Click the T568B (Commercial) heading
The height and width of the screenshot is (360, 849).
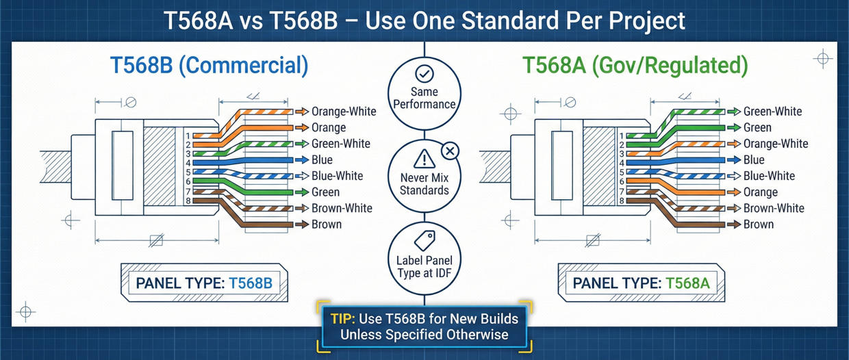point(209,66)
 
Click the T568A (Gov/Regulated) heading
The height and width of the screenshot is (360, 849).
point(635,66)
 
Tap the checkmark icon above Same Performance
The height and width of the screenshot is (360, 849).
point(424,73)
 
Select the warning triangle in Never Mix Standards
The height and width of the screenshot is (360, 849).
point(424,160)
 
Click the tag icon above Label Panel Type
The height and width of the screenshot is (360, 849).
point(424,240)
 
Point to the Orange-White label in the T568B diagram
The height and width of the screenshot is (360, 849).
point(344,112)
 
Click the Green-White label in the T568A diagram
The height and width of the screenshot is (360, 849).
point(772,112)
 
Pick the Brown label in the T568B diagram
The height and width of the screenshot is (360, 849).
point(327,224)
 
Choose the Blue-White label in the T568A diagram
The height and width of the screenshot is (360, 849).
point(769,176)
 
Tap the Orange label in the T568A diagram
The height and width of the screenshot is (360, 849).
point(760,192)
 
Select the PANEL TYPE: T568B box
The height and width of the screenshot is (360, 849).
point(204,282)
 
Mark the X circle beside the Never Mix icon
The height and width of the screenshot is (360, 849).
point(451,151)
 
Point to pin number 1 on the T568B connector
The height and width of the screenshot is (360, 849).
point(187,135)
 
